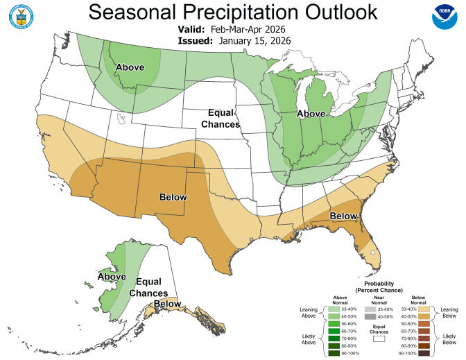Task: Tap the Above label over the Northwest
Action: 130,67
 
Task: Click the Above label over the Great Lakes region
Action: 311,113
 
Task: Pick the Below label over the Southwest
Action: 173,197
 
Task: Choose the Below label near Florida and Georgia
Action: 343,216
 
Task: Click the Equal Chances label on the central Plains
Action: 220,118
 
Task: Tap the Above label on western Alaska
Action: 112,277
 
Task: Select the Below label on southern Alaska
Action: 167,304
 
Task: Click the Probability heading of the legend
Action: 378,284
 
